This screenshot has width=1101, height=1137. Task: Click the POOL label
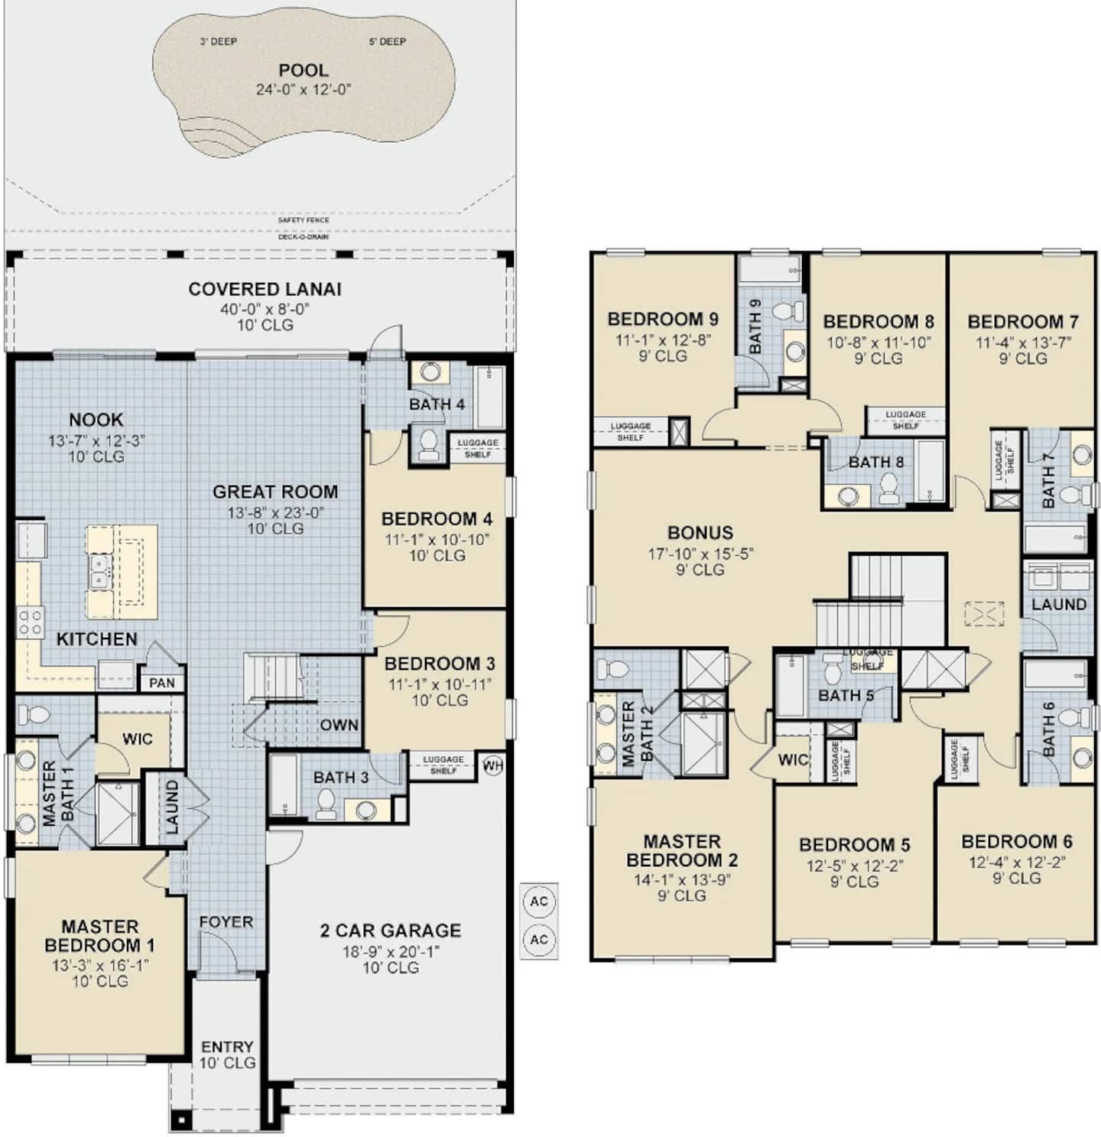303,70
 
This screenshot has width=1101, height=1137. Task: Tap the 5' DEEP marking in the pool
387,41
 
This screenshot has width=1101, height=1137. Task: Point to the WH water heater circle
492,765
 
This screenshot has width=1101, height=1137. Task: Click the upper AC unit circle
539,901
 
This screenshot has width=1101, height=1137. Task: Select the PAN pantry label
162,683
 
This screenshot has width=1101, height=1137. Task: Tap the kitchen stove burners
29,622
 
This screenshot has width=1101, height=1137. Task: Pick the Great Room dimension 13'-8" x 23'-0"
275,512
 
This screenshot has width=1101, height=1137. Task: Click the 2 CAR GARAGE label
391,930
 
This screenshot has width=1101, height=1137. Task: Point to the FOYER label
226,921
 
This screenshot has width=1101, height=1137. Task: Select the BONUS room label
700,532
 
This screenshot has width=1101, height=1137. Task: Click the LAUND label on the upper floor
1058,603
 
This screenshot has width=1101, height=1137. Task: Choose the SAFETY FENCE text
304,219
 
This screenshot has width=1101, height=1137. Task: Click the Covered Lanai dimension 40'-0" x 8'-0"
265,308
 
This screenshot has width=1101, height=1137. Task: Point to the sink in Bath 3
366,809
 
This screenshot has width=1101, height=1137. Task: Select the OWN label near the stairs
339,725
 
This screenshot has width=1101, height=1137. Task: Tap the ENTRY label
227,1046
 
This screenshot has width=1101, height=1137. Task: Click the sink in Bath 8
847,497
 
